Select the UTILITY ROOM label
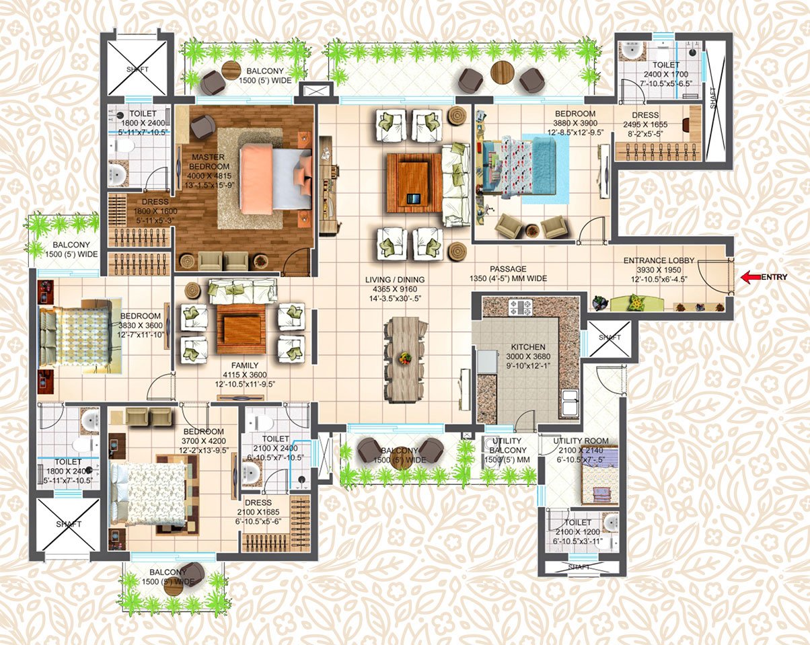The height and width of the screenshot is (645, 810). tap(581, 441)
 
